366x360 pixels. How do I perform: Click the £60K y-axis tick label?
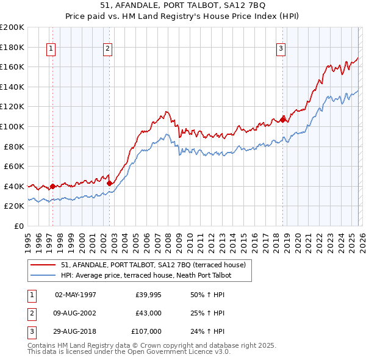coord(14,166)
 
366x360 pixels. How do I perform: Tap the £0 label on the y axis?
coord(20,226)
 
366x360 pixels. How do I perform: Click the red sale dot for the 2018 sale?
coord(283,120)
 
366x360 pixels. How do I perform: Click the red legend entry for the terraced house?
coord(153,265)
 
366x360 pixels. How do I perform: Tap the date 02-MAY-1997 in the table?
coord(76,295)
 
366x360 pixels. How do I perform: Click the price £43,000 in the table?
coord(148,313)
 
